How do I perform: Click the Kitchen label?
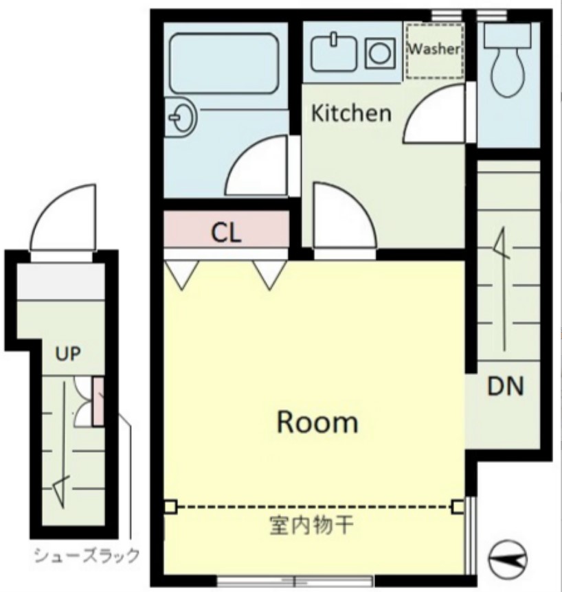click(351, 113)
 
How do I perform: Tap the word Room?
click(317, 422)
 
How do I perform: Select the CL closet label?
click(225, 233)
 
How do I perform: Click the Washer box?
click(434, 50)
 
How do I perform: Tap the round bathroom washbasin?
click(182, 119)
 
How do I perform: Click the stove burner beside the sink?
click(379, 52)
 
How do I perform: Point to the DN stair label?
click(506, 387)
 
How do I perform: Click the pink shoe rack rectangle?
click(97, 400)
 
